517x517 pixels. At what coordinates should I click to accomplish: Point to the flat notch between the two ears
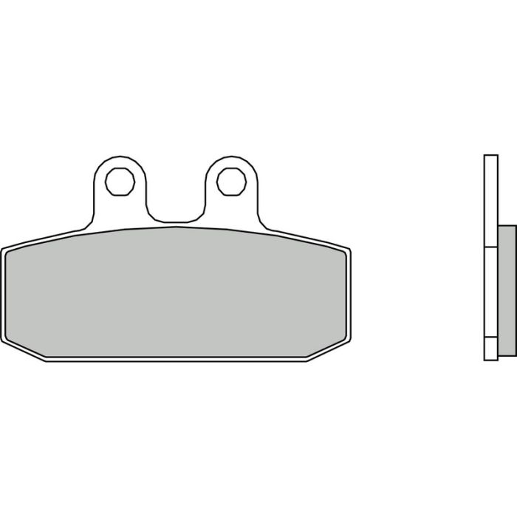pyautogui.click(x=175, y=220)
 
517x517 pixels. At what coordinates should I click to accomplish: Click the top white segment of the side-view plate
pyautogui.click(x=490, y=199)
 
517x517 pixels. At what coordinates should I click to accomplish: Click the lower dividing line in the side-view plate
pyautogui.click(x=490, y=337)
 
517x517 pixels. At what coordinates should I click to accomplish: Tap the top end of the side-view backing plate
pyautogui.click(x=490, y=157)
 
